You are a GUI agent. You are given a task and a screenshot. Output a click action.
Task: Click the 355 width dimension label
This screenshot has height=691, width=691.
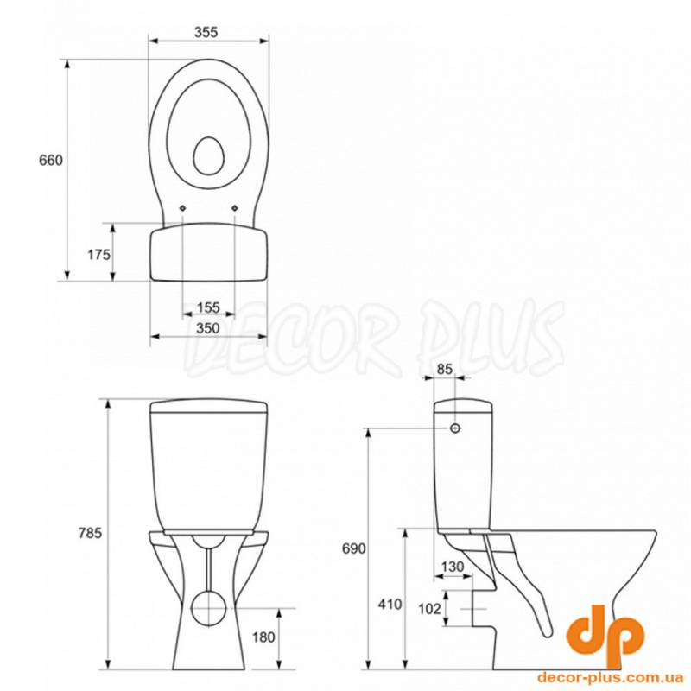[x=206, y=32]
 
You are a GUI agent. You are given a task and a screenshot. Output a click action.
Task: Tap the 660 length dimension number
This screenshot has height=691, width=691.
[x=51, y=161]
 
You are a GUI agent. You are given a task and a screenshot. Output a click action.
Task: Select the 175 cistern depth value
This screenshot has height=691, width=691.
[x=99, y=255]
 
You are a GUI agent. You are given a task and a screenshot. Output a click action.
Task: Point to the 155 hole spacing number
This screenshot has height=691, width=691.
[x=208, y=307]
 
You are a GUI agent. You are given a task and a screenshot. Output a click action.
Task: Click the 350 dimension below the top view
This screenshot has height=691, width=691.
[x=208, y=328]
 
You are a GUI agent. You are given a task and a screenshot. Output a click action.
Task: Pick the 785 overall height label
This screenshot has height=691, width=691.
[x=90, y=533]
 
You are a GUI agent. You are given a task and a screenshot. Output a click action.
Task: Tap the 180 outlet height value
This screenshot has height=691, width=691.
[x=263, y=637]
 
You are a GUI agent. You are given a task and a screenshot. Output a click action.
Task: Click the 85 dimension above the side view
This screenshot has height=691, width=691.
[x=445, y=369]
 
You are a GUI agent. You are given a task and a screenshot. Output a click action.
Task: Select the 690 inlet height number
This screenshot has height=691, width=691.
[x=354, y=548]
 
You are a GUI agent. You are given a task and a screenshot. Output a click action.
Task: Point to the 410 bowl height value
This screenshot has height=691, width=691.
[x=390, y=604]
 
